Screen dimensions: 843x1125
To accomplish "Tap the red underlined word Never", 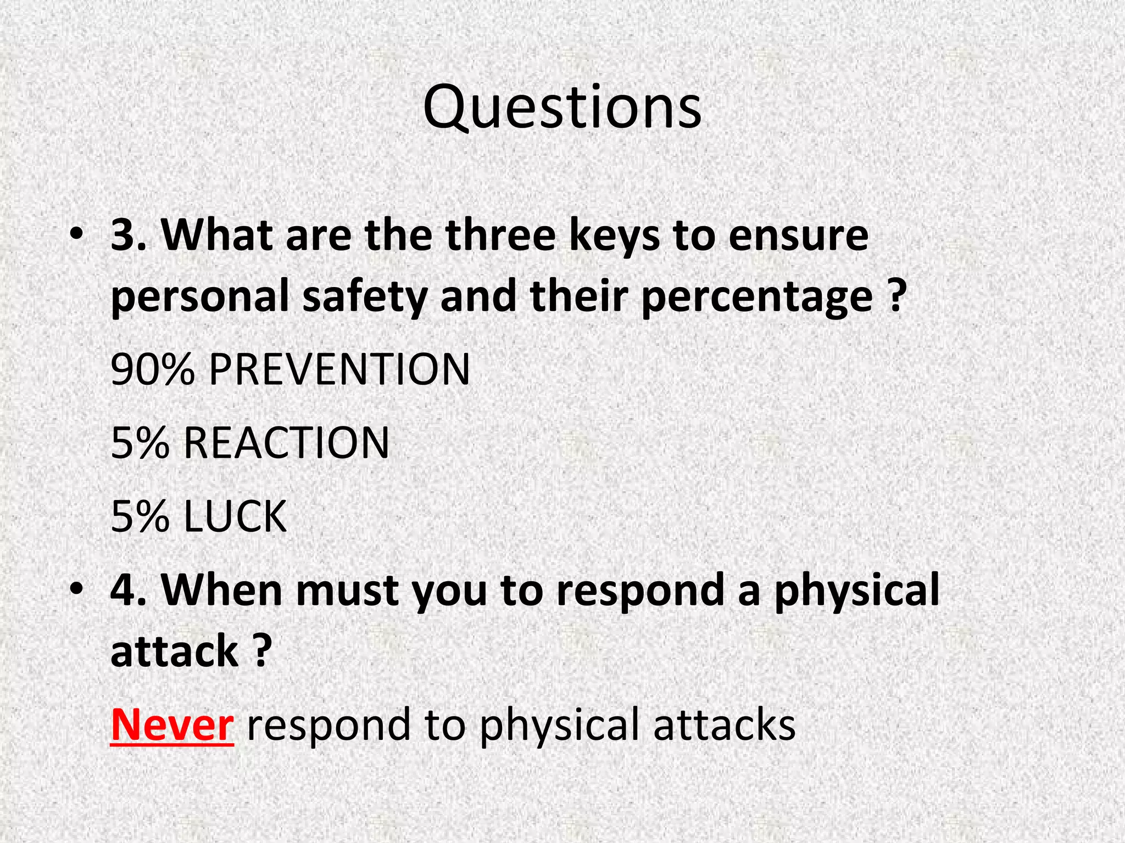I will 172,724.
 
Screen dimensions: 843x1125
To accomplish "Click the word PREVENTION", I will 339,369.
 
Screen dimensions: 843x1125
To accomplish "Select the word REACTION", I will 286,443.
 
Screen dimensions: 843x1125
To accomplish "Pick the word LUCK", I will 235,516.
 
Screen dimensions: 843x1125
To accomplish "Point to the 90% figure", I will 153,369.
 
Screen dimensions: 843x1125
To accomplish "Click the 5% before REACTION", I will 140,443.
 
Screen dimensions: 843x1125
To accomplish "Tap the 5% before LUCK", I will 140,516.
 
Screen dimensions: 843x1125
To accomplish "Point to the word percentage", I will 756,296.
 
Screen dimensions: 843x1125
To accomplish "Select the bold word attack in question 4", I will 174,651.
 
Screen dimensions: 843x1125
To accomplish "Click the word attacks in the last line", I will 724,724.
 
